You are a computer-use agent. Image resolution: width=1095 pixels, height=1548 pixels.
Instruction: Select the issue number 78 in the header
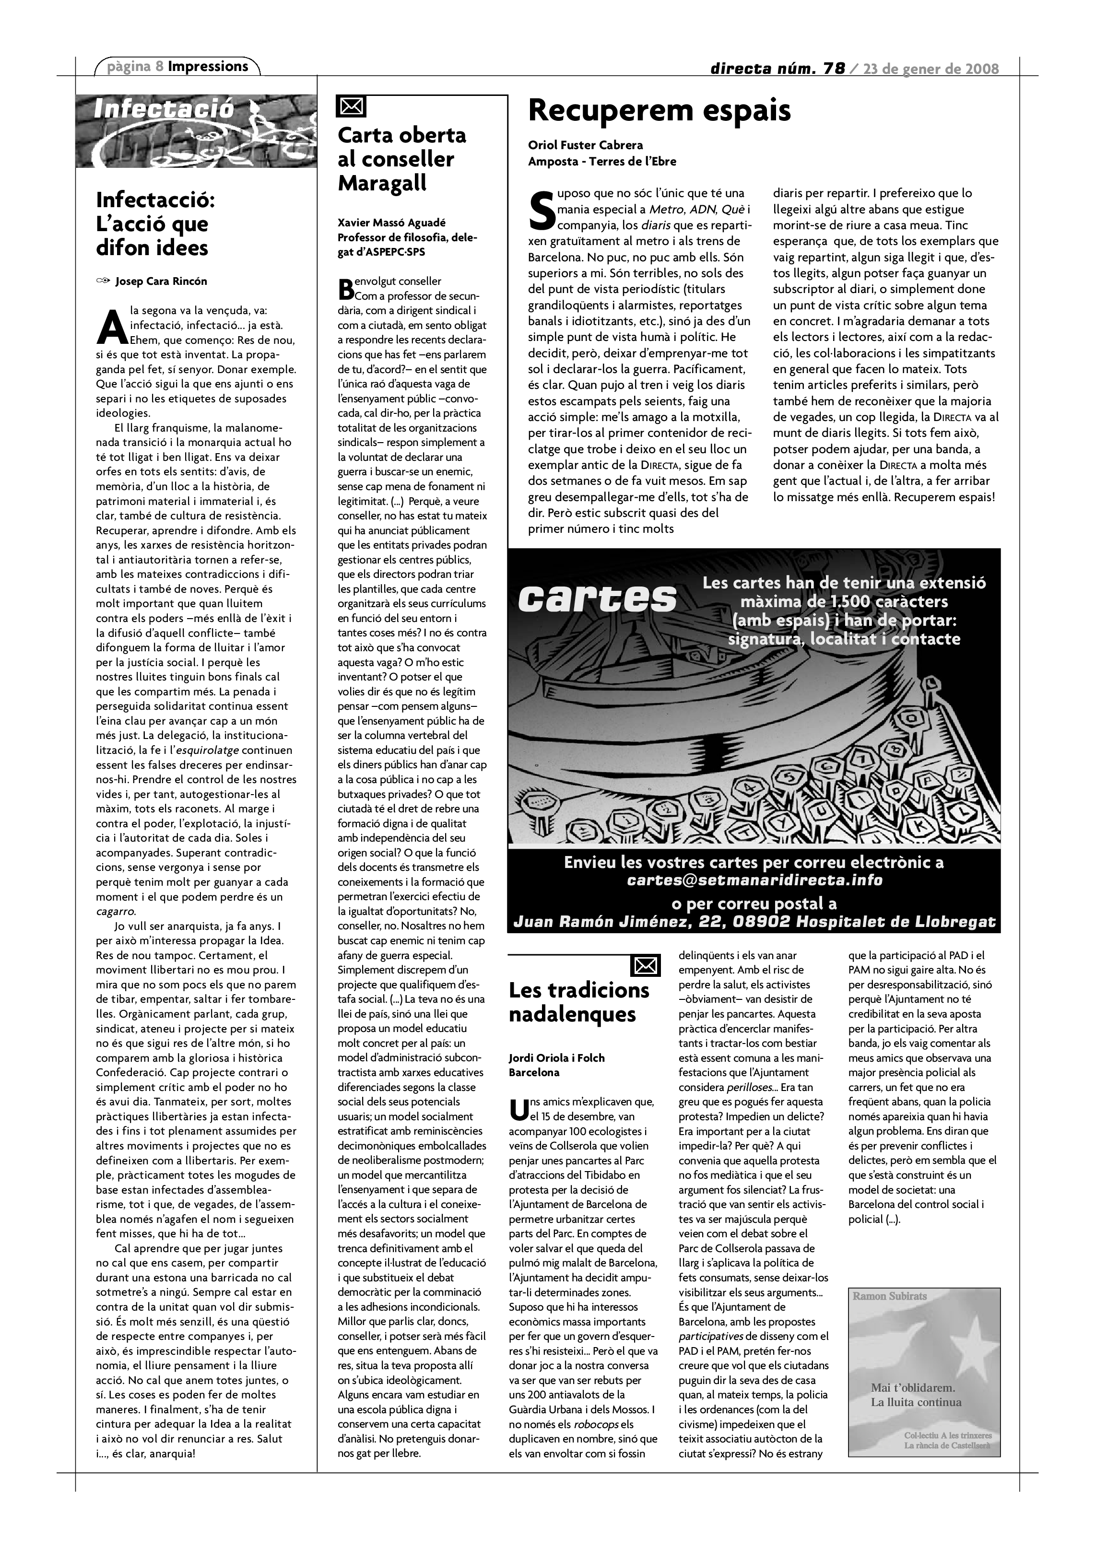point(834,68)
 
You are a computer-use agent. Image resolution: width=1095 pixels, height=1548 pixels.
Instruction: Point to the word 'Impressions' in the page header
point(208,66)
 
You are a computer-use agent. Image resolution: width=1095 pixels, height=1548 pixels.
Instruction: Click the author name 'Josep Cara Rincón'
point(161,281)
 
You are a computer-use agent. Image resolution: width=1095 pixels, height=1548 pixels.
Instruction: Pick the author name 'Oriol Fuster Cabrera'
point(585,145)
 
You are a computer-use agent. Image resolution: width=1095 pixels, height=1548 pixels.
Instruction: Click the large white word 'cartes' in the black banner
point(598,598)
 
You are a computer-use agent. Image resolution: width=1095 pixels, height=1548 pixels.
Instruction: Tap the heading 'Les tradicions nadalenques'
point(578,1002)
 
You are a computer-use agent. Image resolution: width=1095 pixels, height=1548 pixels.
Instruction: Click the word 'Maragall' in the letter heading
point(382,183)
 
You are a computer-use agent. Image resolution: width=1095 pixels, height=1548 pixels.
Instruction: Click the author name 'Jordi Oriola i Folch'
point(556,1058)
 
